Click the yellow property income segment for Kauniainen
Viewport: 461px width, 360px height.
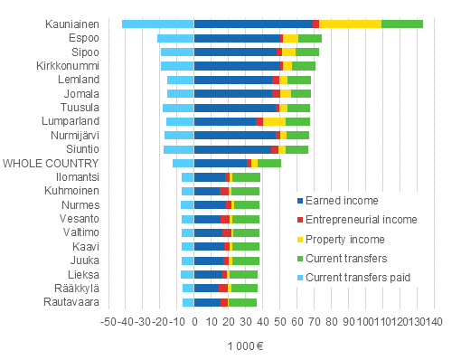tap(350, 24)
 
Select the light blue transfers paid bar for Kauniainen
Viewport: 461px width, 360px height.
tap(157, 24)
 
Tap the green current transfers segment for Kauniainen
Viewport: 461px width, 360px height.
tap(401, 24)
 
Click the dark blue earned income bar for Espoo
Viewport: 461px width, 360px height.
tap(236, 38)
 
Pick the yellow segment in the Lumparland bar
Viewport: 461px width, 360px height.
tap(274, 121)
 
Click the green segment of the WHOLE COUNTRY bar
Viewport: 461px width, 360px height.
tap(269, 163)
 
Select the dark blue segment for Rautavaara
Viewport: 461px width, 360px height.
tap(207, 302)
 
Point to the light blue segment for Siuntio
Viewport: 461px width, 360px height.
tap(178, 149)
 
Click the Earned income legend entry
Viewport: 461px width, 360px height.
tap(342, 201)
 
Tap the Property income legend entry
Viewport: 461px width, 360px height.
tap(345, 240)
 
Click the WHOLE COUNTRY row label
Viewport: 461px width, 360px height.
tap(52, 163)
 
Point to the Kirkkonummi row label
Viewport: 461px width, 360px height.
tap(68, 66)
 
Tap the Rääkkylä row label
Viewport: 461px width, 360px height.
tap(76, 288)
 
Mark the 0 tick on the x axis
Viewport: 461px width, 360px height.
tap(194, 319)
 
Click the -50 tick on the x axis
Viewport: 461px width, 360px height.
tap(107, 319)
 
